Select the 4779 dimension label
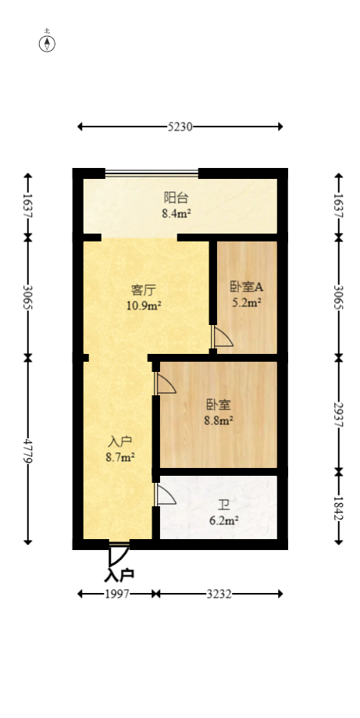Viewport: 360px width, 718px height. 28,450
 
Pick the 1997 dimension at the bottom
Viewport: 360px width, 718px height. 117,594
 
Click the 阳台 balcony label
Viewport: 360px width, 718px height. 176,198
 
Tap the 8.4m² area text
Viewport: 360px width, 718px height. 176,213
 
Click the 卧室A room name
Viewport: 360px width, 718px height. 246,287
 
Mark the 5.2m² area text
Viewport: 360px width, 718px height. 246,302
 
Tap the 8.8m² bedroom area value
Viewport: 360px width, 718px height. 219,420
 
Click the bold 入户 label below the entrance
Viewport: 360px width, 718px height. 119,575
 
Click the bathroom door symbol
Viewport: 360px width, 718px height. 166,495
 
